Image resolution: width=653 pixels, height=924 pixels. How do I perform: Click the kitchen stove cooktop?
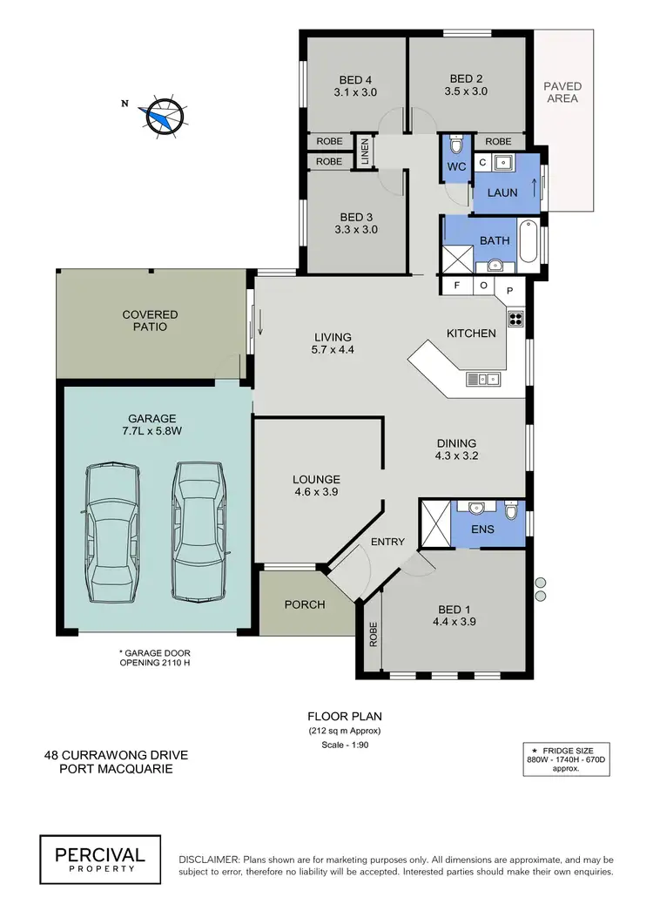tap(515, 318)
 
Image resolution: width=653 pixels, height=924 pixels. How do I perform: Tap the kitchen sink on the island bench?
tap(481, 378)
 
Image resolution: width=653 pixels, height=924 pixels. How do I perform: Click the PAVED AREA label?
tap(562, 92)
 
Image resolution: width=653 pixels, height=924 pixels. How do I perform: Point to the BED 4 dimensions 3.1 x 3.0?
tap(355, 91)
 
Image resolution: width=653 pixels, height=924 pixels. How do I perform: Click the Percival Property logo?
tap(99, 856)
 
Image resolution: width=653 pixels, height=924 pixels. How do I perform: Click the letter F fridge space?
tap(455, 286)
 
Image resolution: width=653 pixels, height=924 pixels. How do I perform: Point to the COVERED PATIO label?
tap(150, 320)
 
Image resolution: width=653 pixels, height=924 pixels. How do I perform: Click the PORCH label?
tap(305, 604)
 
